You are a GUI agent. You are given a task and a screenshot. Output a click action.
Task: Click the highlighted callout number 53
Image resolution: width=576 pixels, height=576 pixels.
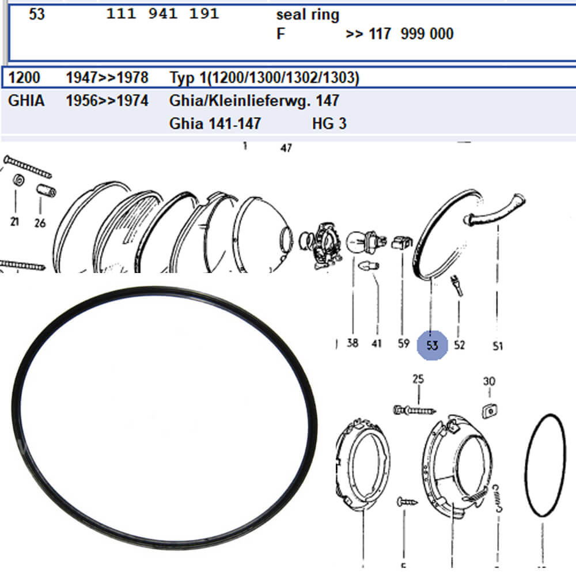pos(433,345)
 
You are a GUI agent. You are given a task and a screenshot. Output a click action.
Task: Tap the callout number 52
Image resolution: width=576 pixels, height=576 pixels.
pos(459,344)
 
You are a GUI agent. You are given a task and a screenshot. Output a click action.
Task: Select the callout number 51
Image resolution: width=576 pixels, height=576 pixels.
pos(498,346)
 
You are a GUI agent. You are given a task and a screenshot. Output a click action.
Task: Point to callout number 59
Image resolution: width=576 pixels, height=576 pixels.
pos(403,343)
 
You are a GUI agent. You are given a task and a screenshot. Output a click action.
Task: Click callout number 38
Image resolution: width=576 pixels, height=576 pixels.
pos(353,343)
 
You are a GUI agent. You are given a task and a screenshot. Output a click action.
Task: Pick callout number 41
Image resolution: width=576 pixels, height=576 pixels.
pos(377,343)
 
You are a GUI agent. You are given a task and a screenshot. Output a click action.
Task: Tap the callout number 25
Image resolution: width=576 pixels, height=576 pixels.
pos(418,379)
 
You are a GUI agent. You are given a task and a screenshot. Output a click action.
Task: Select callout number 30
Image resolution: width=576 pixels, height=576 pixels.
pos(489,381)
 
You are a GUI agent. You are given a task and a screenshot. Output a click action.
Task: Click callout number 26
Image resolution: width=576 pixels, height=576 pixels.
pos(40,222)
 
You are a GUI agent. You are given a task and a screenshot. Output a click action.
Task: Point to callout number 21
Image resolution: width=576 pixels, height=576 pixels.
pos(14,221)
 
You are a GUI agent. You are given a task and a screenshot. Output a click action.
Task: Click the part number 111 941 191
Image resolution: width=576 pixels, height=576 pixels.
pos(163,14)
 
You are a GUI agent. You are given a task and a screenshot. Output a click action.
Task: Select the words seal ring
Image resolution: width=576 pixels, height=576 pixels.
pos(308,15)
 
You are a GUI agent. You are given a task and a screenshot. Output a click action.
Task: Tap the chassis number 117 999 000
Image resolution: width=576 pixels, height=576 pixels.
pos(411,34)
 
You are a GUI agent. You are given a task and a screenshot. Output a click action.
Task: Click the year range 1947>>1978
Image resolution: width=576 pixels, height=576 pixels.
pos(107,78)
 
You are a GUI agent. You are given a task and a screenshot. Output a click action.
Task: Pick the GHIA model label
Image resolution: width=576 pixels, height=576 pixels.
pos(26,100)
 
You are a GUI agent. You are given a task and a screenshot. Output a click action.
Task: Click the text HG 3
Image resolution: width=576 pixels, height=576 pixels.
pos(329,123)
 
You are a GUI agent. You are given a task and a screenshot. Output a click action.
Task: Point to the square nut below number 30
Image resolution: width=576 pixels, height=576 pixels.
pos(490,410)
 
